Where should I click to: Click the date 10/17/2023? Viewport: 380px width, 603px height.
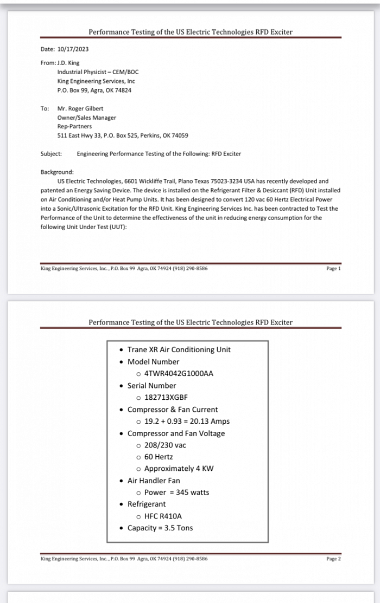pyautogui.click(x=73, y=49)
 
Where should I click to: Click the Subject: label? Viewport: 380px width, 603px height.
pyautogui.click(x=51, y=154)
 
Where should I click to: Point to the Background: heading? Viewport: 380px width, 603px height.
pyautogui.click(x=57, y=172)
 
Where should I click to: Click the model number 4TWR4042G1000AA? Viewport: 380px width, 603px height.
pyautogui.click(x=179, y=374)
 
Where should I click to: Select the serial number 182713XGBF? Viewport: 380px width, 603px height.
pyautogui.click(x=166, y=397)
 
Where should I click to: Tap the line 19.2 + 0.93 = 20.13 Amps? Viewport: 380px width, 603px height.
pyautogui.click(x=187, y=421)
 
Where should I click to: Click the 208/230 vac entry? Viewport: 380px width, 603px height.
pyautogui.click(x=165, y=445)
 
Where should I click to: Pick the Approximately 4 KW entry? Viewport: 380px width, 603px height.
pyautogui.click(x=179, y=469)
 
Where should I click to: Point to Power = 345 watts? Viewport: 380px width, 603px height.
pyautogui.click(x=176, y=492)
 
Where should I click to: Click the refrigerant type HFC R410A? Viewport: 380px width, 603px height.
pyautogui.click(x=163, y=516)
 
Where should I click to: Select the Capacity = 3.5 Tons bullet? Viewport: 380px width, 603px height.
pyautogui.click(x=160, y=528)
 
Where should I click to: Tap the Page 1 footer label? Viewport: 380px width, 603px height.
pyautogui.click(x=333, y=269)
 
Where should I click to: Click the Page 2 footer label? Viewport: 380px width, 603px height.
pyautogui.click(x=333, y=559)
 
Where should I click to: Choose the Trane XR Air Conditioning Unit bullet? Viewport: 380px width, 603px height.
pyautogui.click(x=179, y=349)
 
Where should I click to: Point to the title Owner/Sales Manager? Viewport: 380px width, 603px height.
pyautogui.click(x=86, y=118)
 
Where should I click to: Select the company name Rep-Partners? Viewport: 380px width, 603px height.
pyautogui.click(x=74, y=126)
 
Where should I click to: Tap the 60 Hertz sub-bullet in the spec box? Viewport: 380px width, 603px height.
pyautogui.click(x=159, y=457)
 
